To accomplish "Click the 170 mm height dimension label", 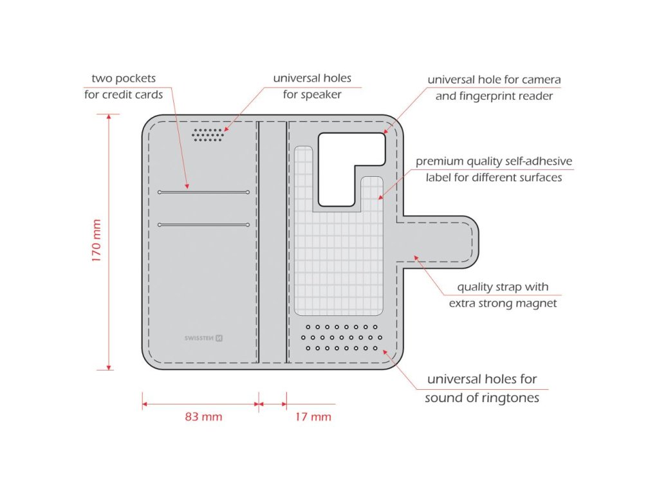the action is pos(97,241).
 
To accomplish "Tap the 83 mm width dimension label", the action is pos(203,417).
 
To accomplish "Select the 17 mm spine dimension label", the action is pos(313,417).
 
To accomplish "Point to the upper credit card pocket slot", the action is pos(203,192).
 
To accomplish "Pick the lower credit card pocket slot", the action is pos(203,224).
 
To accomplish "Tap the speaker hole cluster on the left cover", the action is pos(208,134).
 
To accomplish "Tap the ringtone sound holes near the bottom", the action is pos(342,338).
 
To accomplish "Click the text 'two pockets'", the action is pos(124,78).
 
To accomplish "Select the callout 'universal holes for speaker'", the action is pos(312,86).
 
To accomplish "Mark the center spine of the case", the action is pos(273,241).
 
